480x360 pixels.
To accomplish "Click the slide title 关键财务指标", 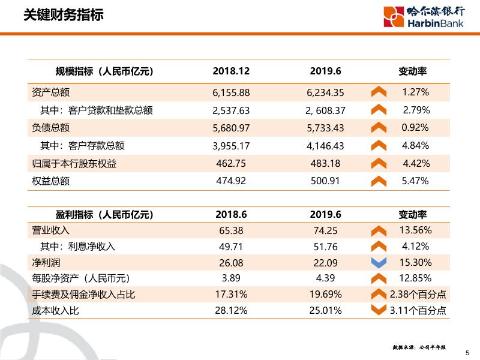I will (63, 16).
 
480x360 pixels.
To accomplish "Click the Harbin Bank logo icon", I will (394, 17).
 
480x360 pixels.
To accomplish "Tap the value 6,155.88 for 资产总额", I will (231, 92).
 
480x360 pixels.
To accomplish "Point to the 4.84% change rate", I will (415, 145).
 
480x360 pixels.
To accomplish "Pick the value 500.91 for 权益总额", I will (326, 181).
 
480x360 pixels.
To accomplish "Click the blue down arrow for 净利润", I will (379, 262).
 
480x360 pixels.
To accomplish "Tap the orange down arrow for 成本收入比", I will (379, 310).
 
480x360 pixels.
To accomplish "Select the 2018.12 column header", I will (231, 71).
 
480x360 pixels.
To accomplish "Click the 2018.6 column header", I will (231, 214).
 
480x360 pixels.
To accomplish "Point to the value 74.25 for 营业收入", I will (326, 230).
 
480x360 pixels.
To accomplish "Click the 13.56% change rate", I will (415, 230).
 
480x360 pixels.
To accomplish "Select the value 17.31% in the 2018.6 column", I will (231, 294).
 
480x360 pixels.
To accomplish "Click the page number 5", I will (468, 353).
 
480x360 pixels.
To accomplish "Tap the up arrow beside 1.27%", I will (379, 92).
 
